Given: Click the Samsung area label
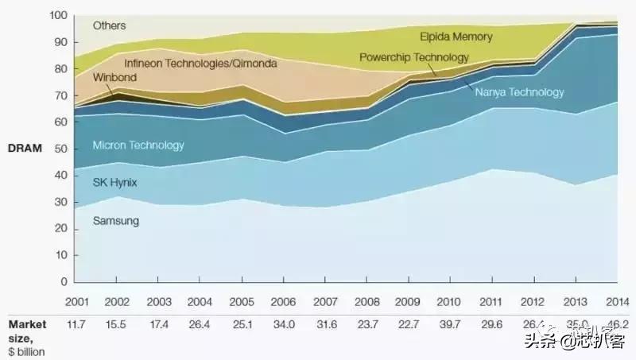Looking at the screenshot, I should tap(116, 221).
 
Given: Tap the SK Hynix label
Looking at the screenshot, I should tap(115, 182).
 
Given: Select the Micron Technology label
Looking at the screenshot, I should tap(138, 145).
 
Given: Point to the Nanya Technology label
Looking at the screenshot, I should tap(519, 92).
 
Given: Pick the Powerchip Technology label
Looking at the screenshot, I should tap(413, 57).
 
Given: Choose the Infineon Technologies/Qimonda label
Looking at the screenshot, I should tap(200, 61).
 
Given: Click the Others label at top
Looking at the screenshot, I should tap(109, 26).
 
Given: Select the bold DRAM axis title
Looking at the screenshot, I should tap(25, 149).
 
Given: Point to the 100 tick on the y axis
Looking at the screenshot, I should tap(58, 16).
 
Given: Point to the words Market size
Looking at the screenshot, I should tap(28, 330).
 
